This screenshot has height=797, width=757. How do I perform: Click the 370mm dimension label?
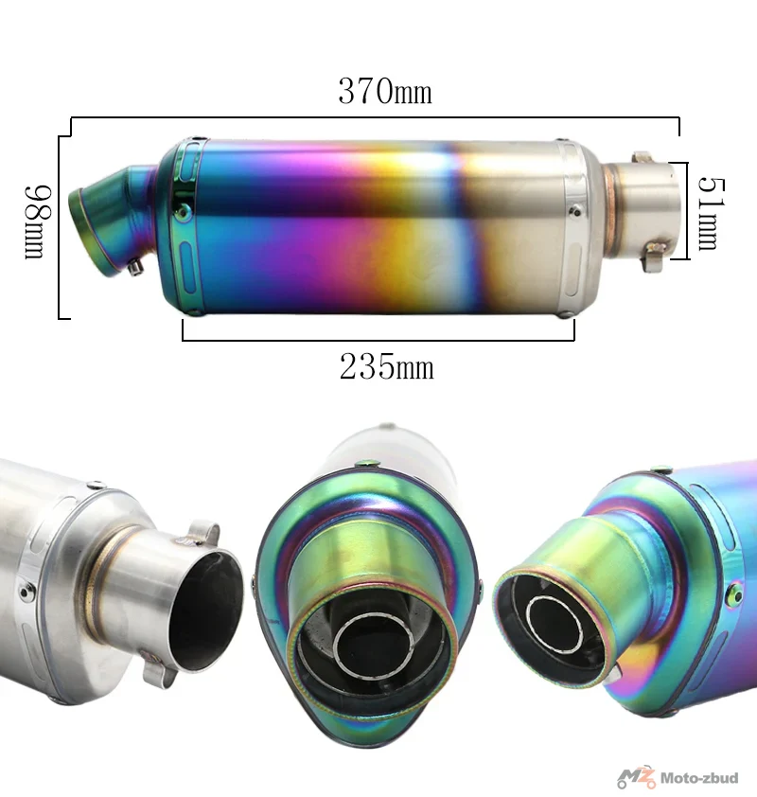point(385,92)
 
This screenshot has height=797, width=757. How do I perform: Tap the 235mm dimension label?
point(387,366)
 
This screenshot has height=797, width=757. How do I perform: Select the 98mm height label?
point(38,222)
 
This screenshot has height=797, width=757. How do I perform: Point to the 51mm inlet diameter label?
point(712,214)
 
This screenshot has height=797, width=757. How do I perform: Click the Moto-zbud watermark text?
point(699,778)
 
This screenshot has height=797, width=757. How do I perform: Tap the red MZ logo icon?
point(636,777)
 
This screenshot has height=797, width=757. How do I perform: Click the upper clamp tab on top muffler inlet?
point(643,156)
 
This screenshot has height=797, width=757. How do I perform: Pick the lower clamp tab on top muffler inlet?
point(653,257)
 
